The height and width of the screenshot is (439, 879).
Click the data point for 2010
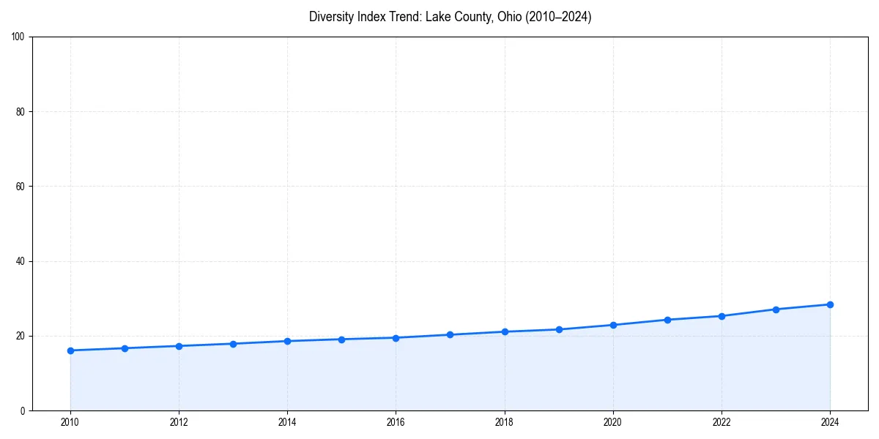(x=70, y=350)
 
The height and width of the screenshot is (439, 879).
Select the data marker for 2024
(x=830, y=304)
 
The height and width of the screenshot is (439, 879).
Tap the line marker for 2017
(x=450, y=334)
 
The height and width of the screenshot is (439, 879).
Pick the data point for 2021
(x=667, y=320)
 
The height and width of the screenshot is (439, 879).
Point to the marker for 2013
(x=233, y=344)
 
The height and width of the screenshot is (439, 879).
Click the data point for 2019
(x=559, y=329)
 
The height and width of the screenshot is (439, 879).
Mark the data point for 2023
(x=776, y=309)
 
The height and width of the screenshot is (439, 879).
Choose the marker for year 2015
(x=341, y=339)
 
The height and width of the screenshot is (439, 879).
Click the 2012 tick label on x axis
(x=179, y=422)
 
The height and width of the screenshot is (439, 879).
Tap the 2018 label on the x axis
(x=504, y=422)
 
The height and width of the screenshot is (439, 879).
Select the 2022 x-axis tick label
(x=722, y=422)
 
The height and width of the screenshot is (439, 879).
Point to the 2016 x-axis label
(x=396, y=422)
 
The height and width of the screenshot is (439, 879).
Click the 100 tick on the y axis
(x=19, y=37)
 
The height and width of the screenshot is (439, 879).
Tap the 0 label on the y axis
(x=23, y=410)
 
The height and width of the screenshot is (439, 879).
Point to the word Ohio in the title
(x=506, y=17)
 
